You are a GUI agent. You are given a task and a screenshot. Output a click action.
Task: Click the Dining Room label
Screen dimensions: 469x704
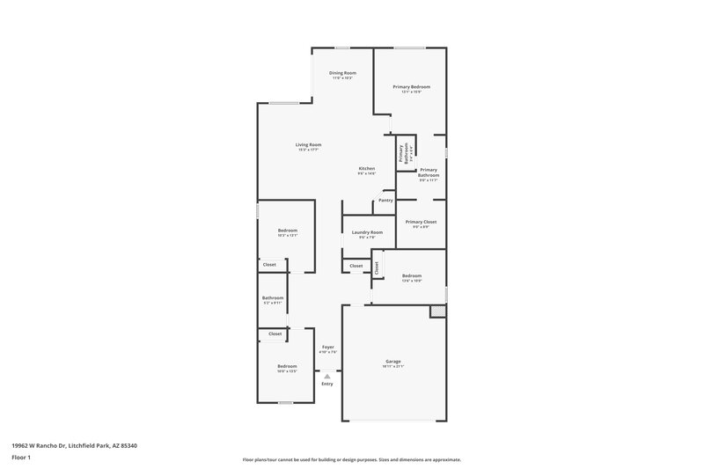pyautogui.click(x=342, y=73)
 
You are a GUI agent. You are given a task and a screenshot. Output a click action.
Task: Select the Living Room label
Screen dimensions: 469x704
pyautogui.click(x=308, y=145)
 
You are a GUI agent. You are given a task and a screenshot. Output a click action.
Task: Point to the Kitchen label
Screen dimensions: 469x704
pyautogui.click(x=367, y=169)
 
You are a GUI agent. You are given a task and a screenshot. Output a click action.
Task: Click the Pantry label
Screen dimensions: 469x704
pyautogui.click(x=385, y=201)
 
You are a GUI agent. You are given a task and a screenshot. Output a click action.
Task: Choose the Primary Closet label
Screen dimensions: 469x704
pyautogui.click(x=421, y=222)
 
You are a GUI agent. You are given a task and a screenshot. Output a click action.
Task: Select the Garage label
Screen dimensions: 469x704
pyautogui.click(x=392, y=362)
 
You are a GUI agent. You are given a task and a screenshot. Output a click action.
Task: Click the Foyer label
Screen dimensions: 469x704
pyautogui.click(x=327, y=348)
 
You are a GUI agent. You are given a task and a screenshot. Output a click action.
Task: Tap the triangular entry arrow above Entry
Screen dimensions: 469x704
pyautogui.click(x=327, y=376)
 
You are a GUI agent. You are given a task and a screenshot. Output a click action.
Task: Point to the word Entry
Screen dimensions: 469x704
pyautogui.click(x=327, y=384)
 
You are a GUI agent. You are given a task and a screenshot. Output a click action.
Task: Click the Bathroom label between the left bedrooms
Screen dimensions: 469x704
pyautogui.click(x=273, y=297)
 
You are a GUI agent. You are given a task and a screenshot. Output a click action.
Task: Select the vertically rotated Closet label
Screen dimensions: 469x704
pyautogui.click(x=377, y=267)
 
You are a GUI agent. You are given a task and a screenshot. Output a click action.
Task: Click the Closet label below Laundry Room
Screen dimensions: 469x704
pyautogui.click(x=356, y=266)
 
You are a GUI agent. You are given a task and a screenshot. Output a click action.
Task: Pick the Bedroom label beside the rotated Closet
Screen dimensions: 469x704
pyautogui.click(x=412, y=276)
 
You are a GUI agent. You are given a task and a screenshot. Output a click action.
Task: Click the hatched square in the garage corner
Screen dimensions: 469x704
pyautogui.click(x=436, y=311)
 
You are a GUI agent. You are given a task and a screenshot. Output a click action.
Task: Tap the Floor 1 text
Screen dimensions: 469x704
pyautogui.click(x=22, y=458)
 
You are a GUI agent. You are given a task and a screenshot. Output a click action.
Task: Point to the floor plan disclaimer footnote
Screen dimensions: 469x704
pyautogui.click(x=351, y=459)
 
